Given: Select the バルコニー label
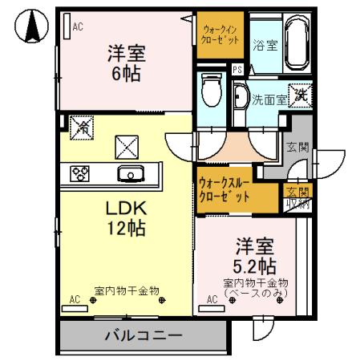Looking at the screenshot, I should [x=143, y=335].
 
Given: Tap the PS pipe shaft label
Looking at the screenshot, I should [x=237, y=69].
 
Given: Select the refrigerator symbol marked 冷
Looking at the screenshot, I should [x=80, y=127].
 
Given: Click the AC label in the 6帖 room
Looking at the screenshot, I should [x=78, y=26].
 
